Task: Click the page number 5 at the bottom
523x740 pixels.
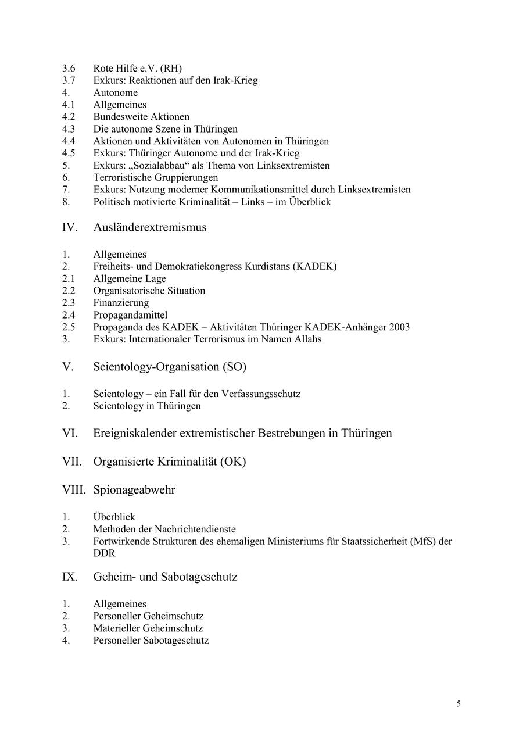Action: [x=458, y=704]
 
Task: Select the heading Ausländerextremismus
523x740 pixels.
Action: [x=149, y=227]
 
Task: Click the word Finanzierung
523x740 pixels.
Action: [x=121, y=303]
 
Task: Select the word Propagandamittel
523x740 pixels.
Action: [x=130, y=315]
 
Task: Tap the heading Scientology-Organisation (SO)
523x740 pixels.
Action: [x=170, y=367]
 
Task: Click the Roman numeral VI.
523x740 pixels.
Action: [x=70, y=434]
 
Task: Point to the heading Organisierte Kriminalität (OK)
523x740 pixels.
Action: [x=170, y=462]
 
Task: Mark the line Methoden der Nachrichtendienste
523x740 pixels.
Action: [x=164, y=529]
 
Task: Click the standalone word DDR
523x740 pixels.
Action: [x=104, y=553]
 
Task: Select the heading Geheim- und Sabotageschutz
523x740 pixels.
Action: [x=165, y=577]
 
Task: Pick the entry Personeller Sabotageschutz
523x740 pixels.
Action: [x=151, y=641]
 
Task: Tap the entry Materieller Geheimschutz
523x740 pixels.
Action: [x=148, y=628]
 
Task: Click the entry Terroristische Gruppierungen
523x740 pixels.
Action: [x=156, y=177]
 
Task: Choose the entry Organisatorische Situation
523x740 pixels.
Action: [x=149, y=291]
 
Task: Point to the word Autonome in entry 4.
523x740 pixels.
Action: [x=116, y=93]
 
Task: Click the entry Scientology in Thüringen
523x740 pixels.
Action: [x=147, y=406]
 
